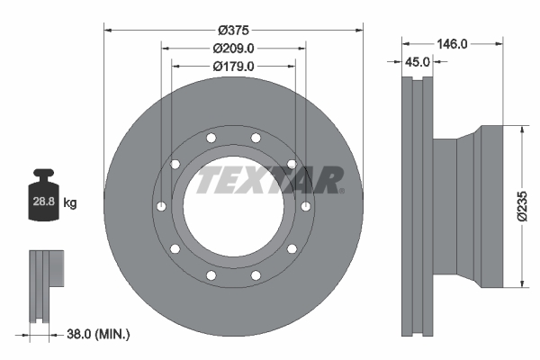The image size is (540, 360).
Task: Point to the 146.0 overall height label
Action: coord(451,42)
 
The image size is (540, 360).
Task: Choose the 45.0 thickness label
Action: coord(417,62)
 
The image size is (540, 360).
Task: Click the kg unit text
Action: coord(70,203)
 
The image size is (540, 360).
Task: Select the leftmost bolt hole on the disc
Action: coord(159,206)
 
